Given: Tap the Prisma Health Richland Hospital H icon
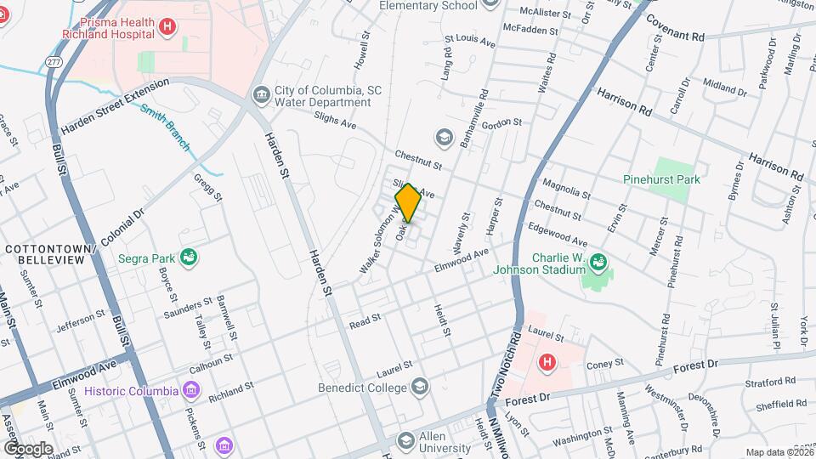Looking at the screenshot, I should click(x=167, y=26).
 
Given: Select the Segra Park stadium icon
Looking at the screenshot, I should click(x=189, y=257).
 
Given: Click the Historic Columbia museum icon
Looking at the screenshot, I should click(x=191, y=391).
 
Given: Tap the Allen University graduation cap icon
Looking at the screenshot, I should click(x=406, y=440).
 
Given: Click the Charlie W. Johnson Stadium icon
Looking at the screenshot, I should click(x=599, y=262).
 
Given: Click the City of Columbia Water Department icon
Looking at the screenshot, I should click(x=261, y=93).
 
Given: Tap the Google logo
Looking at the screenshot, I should click(x=28, y=448).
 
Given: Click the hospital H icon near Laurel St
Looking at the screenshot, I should click(x=547, y=362).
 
